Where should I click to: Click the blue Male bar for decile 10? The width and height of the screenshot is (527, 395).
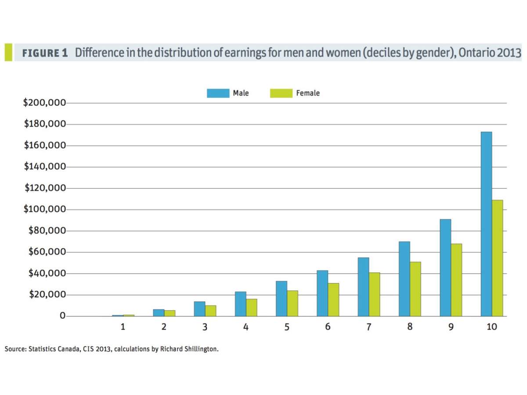(x=486, y=224)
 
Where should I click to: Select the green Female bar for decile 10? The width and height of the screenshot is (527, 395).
(x=497, y=258)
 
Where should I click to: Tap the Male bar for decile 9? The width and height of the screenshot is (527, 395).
(x=445, y=268)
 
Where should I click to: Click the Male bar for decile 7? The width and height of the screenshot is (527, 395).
(x=363, y=287)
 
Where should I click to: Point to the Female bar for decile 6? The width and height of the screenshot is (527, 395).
(x=333, y=299)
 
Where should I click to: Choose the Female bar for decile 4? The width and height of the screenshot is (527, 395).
(x=251, y=307)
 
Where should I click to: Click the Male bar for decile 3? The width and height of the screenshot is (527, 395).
(x=199, y=309)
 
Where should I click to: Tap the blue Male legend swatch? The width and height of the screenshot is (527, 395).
(x=218, y=93)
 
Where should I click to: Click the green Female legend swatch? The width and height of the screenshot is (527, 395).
(x=281, y=93)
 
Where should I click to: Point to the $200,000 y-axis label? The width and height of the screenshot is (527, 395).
(x=44, y=103)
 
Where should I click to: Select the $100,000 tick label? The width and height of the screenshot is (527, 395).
(x=44, y=210)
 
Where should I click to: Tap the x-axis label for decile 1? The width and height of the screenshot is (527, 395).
(x=123, y=327)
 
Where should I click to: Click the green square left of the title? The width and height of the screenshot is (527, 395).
(x=8, y=52)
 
